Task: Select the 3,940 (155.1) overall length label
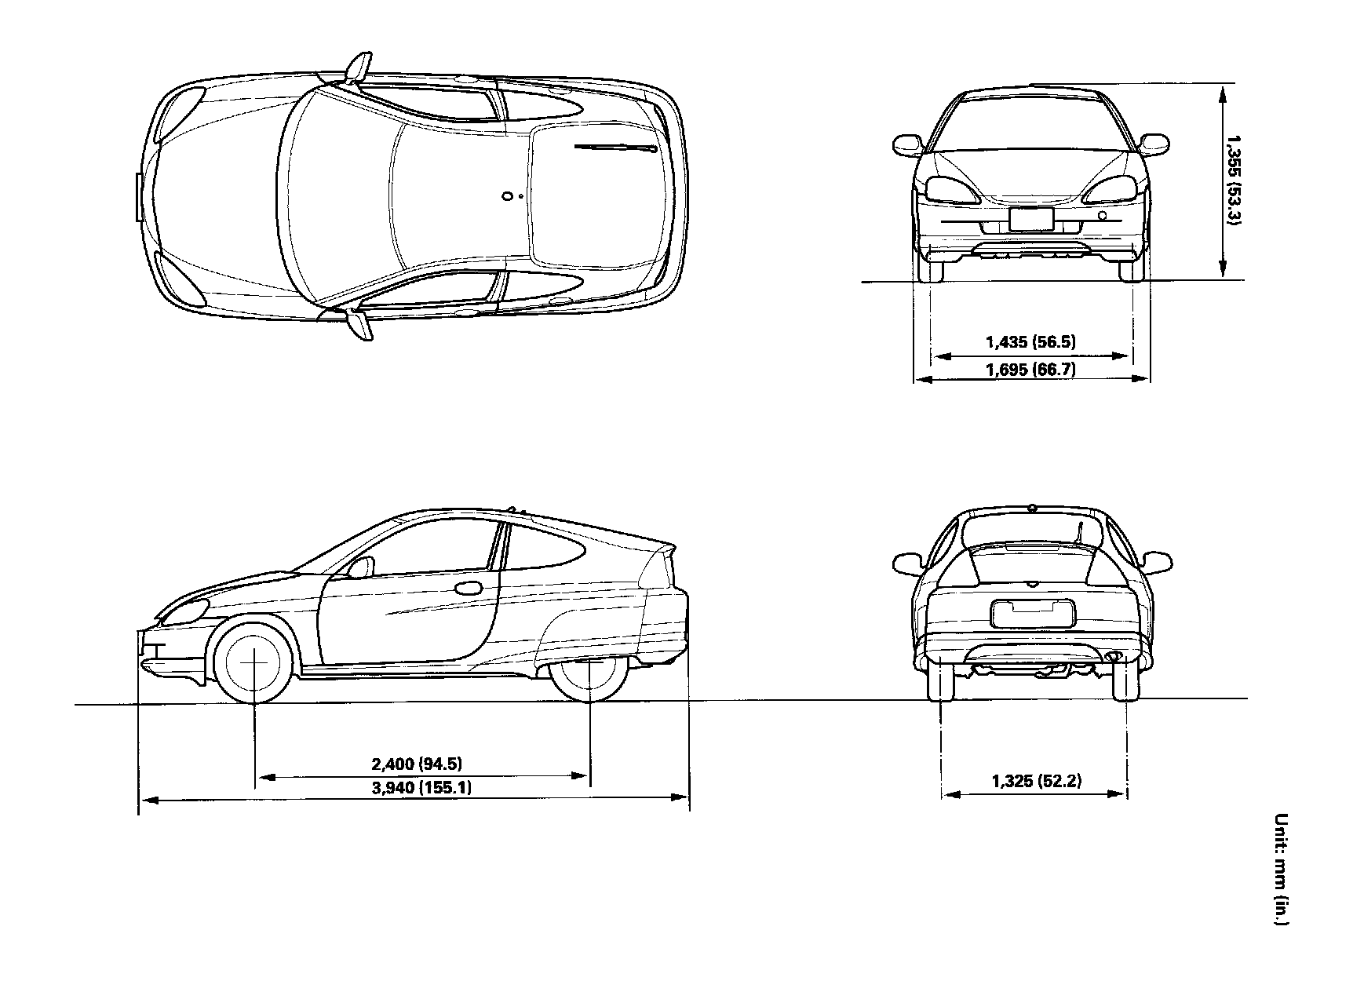tap(421, 787)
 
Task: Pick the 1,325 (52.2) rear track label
tap(1036, 781)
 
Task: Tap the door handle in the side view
tap(469, 587)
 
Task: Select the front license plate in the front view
tap(1030, 219)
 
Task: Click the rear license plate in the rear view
tap(1031, 613)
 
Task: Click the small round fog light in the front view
tap(1103, 216)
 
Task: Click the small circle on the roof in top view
tap(508, 196)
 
